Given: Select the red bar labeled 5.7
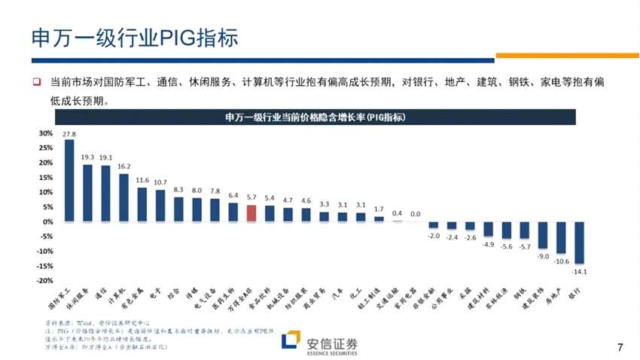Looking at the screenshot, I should [251, 213].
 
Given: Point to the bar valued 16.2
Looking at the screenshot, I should [123, 197].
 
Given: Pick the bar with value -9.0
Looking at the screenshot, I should [542, 235].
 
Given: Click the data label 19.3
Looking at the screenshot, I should [87, 157].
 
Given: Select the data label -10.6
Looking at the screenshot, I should [561, 261].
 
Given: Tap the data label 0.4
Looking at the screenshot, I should [397, 213].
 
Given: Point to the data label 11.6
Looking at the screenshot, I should [142, 181].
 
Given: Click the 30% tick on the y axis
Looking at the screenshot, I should [46, 133].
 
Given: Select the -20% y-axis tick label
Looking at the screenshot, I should [44, 280].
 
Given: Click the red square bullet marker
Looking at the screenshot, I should [35, 81].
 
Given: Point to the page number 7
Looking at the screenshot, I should [620, 347].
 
